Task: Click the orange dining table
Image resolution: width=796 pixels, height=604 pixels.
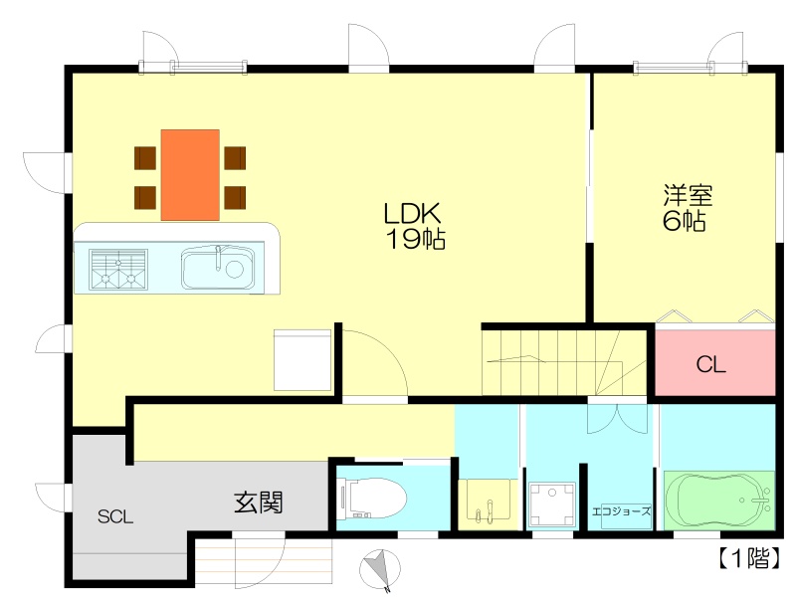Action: pos(190,175)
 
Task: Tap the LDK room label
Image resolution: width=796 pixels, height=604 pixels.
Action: pos(412,214)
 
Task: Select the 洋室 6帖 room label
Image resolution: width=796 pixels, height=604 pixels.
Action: pos(688,209)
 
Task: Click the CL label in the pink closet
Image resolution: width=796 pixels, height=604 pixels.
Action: pos(710,364)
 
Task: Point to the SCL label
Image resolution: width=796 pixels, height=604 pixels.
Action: pos(115,516)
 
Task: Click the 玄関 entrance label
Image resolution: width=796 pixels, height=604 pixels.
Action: pos(259,503)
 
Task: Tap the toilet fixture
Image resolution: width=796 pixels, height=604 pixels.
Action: pos(374,499)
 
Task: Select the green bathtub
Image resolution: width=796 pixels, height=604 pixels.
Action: pos(718,501)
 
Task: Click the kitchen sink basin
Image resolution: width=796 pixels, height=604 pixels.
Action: pos(218,268)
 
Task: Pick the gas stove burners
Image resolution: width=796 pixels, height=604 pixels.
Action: pos(118,270)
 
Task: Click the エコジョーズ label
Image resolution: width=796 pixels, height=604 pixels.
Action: pos(621,511)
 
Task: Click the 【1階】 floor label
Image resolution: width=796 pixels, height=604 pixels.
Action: pos(749,558)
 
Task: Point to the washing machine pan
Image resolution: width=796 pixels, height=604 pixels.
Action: pos(552,504)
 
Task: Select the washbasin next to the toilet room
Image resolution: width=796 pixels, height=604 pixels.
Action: pos(485,500)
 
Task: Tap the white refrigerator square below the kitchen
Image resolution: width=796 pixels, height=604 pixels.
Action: pos(302,360)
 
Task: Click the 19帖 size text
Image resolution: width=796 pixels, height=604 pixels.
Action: pos(416,239)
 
